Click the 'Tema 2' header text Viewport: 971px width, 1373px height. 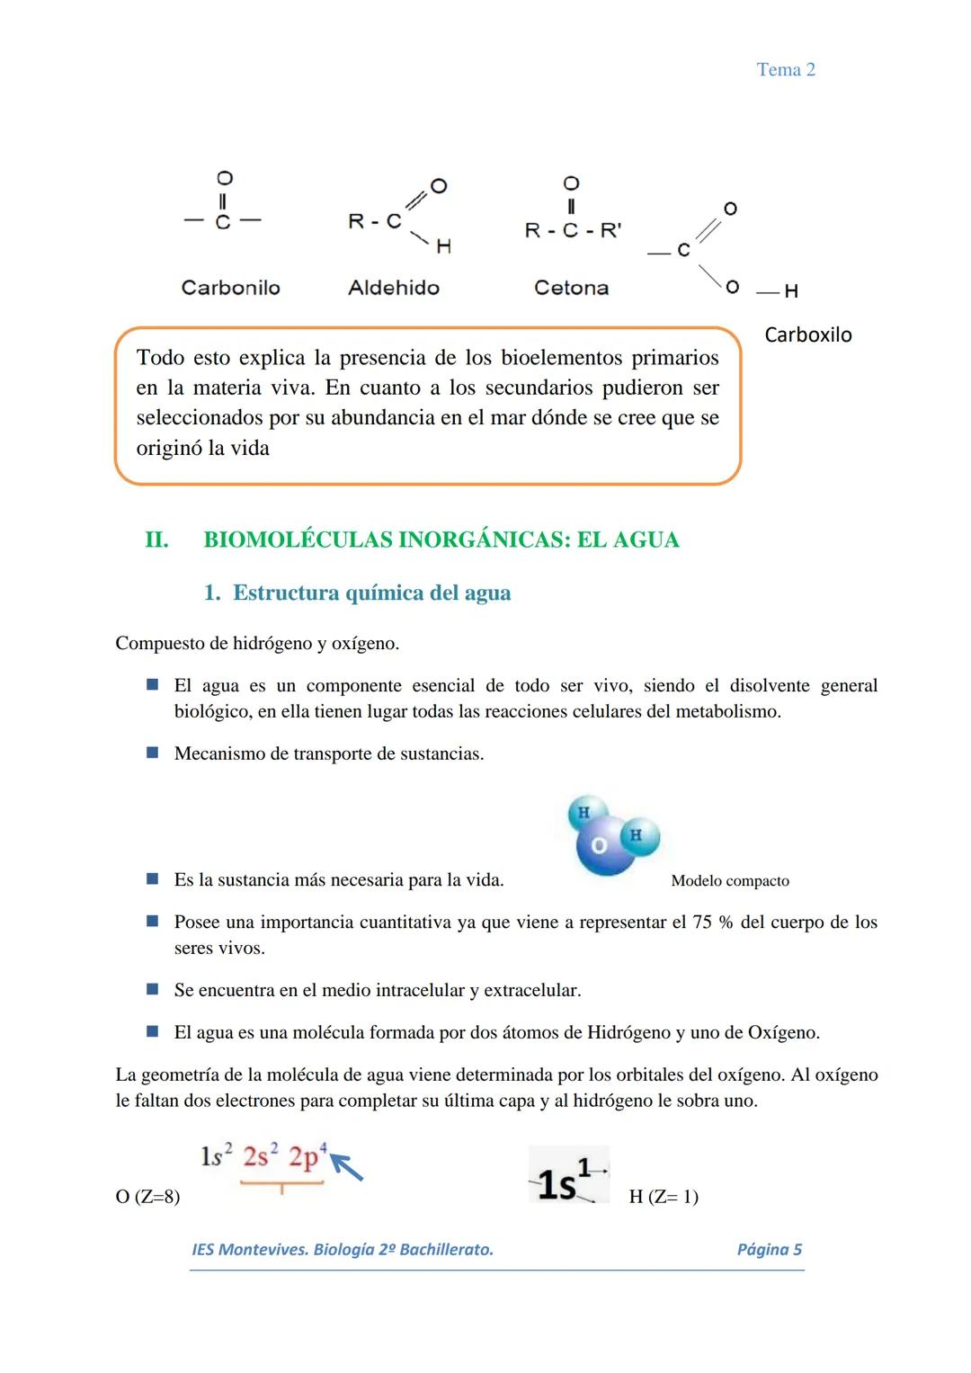click(x=786, y=70)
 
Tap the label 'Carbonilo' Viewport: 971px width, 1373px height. click(x=230, y=288)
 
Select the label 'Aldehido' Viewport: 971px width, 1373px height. click(x=394, y=288)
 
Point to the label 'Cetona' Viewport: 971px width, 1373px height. click(x=571, y=288)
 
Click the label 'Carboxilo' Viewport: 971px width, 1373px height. click(x=807, y=334)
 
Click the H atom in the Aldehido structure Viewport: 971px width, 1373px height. click(x=443, y=246)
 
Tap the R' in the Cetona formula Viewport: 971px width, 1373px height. click(x=610, y=230)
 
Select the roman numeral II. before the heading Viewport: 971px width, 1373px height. click(x=156, y=539)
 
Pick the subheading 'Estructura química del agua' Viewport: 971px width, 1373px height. click(x=371, y=593)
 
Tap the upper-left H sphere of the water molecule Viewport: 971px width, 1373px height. click(x=583, y=812)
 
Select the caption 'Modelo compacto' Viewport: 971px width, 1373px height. click(x=730, y=881)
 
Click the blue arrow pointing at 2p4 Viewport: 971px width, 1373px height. click(x=347, y=1168)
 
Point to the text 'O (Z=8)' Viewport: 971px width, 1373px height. click(x=147, y=1197)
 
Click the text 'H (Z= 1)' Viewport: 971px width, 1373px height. click(x=664, y=1197)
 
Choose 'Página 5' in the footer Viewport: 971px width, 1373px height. click(x=769, y=1249)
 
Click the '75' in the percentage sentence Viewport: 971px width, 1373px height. click(x=702, y=923)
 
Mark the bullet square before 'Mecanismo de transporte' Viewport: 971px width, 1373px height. click(x=153, y=753)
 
